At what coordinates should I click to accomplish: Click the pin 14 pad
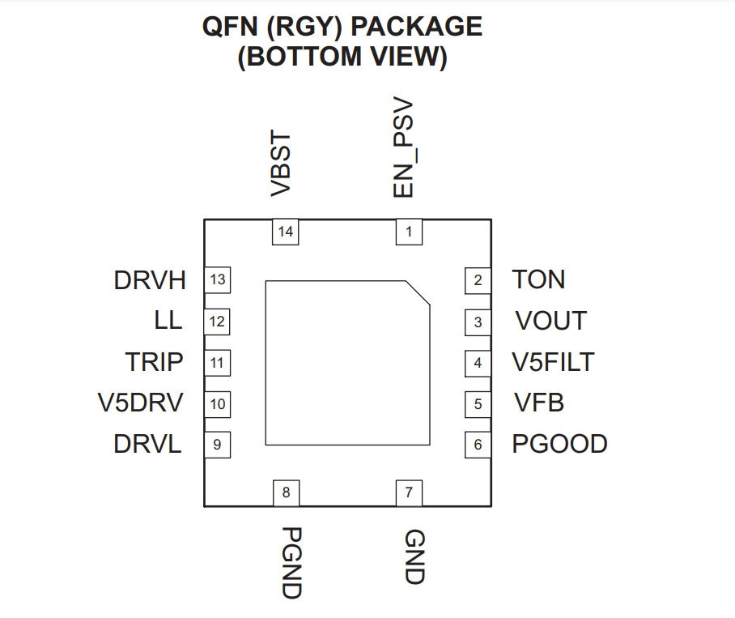[x=286, y=232]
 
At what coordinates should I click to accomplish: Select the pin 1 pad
[x=409, y=232]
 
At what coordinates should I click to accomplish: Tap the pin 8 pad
[x=286, y=492]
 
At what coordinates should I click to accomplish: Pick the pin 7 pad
[x=409, y=492]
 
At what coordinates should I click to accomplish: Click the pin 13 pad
[x=217, y=280]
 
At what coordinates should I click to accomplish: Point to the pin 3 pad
[x=478, y=322]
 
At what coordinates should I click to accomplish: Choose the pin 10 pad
[x=217, y=404]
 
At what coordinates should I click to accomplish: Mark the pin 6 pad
[x=478, y=445]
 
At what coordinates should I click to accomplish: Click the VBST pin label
[x=281, y=164]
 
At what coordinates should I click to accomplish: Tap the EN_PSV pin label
[x=403, y=147]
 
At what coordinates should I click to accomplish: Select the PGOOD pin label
[x=559, y=444]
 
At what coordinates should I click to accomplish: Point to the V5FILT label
[x=553, y=361]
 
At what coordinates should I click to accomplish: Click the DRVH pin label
[x=150, y=280]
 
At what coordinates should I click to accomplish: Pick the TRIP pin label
[x=154, y=361]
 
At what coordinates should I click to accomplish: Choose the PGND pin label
[x=291, y=563]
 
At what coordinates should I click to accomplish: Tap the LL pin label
[x=168, y=320]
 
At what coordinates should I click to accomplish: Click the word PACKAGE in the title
[x=417, y=26]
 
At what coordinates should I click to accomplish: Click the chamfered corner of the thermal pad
[x=418, y=293]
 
